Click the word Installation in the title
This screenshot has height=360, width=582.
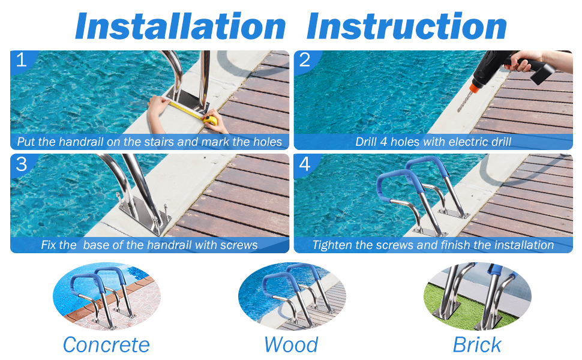pyautogui.click(x=181, y=26)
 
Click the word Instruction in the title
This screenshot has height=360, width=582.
pyautogui.click(x=406, y=26)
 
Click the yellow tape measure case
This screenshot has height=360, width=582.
pyautogui.click(x=210, y=120)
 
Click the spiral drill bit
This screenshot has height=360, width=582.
pyautogui.click(x=465, y=101)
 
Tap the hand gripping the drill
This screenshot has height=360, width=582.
pyautogui.click(x=521, y=60)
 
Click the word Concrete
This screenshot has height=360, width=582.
pyautogui.click(x=106, y=345)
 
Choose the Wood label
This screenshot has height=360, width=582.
pyautogui.click(x=292, y=345)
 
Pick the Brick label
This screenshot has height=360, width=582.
pyautogui.click(x=477, y=345)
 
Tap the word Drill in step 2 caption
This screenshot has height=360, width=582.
pyautogui.click(x=365, y=142)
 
